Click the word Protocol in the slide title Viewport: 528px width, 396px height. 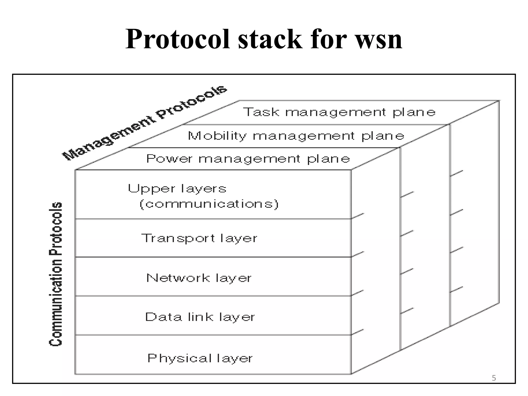tap(177, 39)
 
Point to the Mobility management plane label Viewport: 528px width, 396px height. tap(296, 136)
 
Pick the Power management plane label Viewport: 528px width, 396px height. tap(248, 159)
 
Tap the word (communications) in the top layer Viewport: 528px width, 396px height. tap(209, 204)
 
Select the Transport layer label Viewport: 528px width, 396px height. tap(199, 238)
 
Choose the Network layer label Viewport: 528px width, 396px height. tap(199, 278)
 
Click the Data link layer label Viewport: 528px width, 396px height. tap(200, 317)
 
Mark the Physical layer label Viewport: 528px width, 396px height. tap(200, 358)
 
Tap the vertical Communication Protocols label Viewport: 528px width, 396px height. tap(56, 274)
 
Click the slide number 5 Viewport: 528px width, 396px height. tap(494, 378)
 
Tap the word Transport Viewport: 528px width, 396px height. tap(178, 238)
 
